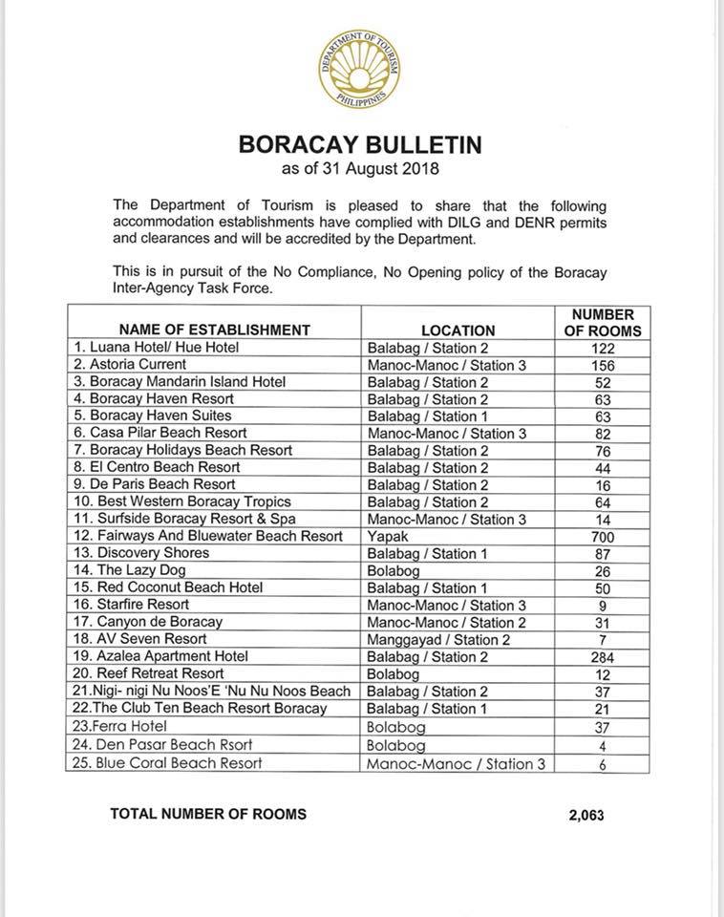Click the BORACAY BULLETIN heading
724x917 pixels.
point(359,146)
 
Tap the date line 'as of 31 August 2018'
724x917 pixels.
point(359,170)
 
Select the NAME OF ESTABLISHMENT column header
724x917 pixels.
point(214,330)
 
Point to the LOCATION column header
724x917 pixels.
point(458,330)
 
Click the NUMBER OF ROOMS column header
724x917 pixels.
point(603,322)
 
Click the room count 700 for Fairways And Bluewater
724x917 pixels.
point(603,537)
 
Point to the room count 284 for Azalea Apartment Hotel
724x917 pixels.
point(603,657)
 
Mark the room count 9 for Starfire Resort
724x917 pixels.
point(603,606)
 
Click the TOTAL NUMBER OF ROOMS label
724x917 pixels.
point(208,814)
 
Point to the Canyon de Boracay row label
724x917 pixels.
point(148,622)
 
